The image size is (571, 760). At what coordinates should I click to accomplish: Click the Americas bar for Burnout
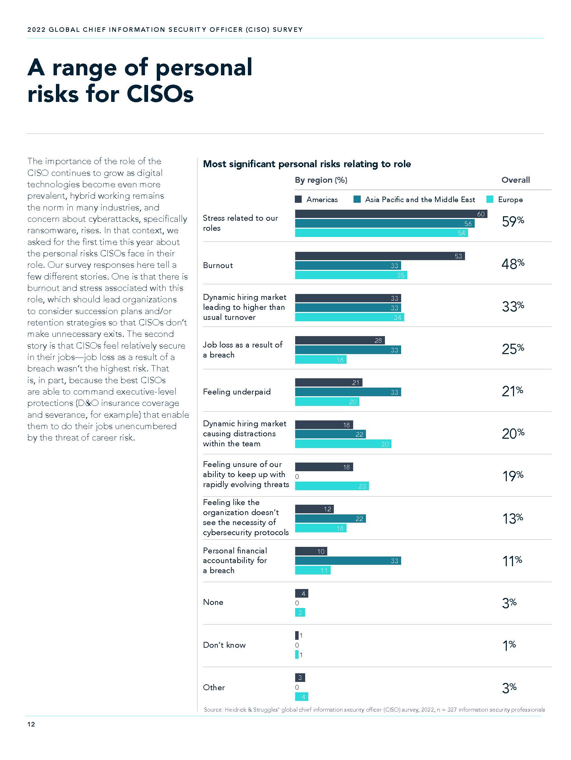tap(380, 256)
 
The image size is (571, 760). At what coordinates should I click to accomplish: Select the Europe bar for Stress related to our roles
tap(381, 233)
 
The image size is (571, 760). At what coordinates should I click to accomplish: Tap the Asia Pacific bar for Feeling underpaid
tap(348, 392)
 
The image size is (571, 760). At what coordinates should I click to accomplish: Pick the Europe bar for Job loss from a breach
tap(320, 360)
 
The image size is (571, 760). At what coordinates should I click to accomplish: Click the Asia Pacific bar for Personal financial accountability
tap(348, 561)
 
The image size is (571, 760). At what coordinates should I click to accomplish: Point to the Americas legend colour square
tap(298, 199)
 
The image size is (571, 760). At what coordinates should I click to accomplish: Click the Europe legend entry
tap(510, 200)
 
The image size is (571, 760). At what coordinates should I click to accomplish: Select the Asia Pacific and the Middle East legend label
tap(420, 200)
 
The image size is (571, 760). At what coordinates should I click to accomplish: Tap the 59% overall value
tap(513, 221)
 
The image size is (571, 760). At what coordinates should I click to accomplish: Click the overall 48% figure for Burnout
tap(513, 264)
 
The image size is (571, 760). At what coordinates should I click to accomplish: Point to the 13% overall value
tap(513, 519)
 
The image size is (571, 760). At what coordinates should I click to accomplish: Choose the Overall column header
tap(515, 180)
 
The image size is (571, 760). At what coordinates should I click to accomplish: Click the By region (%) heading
tap(321, 180)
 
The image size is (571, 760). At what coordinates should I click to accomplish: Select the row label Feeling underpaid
tap(236, 392)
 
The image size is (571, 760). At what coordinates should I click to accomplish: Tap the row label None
tap(213, 602)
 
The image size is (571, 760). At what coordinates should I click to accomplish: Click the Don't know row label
tap(224, 645)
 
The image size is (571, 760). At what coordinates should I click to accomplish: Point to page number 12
tap(31, 724)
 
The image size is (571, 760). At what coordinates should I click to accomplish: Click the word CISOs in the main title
tap(160, 94)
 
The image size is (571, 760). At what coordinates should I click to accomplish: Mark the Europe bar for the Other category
tap(301, 697)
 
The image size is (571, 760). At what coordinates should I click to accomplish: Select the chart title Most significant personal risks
tap(307, 164)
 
